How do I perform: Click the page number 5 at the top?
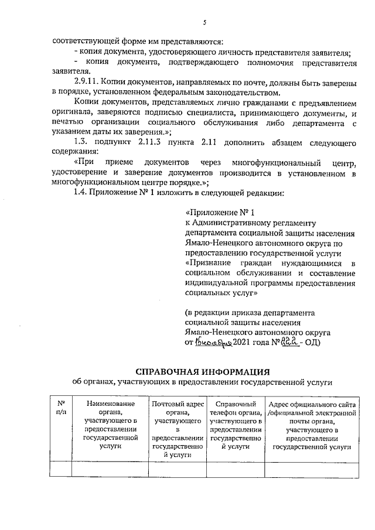pyautogui.click(x=205, y=23)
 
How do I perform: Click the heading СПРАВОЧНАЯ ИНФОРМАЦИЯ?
pyautogui.click(x=202, y=371)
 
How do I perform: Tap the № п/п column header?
pyautogui.click(x=61, y=408)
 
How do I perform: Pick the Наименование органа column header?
pyautogui.click(x=110, y=425)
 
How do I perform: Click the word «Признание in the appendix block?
pyautogui.click(x=210, y=263)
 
